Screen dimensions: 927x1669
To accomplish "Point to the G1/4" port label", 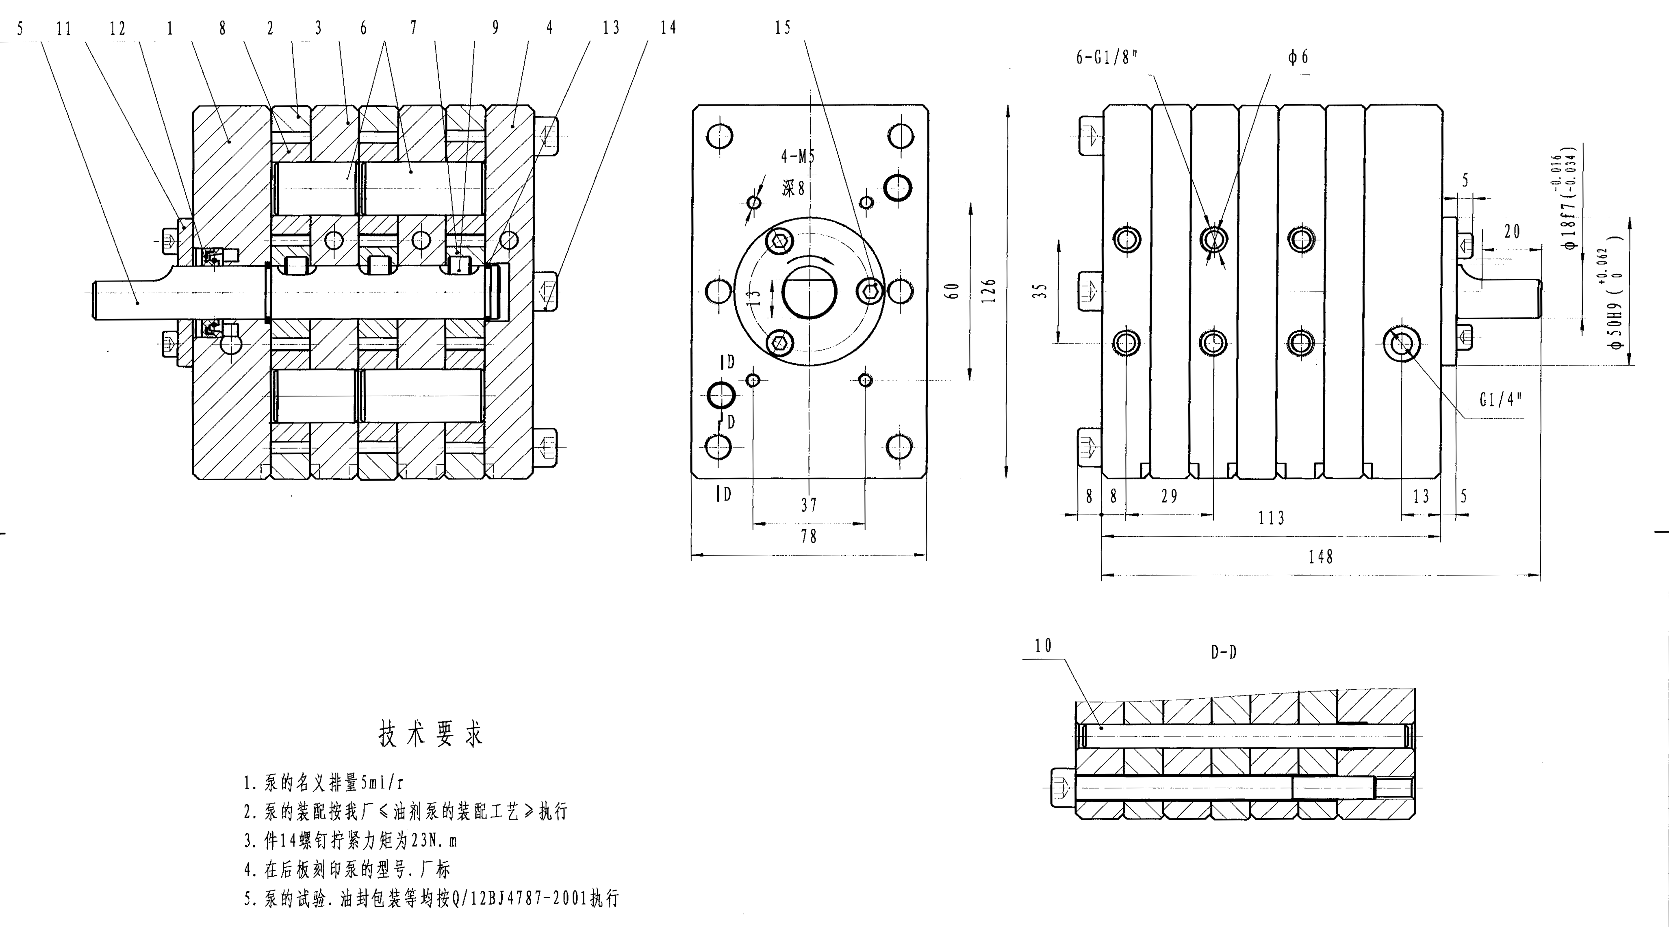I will coord(1500,400).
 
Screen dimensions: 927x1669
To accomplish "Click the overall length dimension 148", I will coord(1320,557).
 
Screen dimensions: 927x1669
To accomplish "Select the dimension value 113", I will coord(1271,518).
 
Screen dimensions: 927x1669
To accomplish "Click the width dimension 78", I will coord(809,536).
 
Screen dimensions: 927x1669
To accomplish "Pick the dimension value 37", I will coord(809,504).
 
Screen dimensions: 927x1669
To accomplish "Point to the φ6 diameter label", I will coord(1298,57).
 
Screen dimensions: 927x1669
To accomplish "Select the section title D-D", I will coord(1223,652).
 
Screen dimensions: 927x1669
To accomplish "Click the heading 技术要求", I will coord(431,734).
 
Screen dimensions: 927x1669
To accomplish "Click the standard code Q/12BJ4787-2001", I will coord(518,899).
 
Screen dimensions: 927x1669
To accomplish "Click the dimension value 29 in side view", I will coord(1169,496).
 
